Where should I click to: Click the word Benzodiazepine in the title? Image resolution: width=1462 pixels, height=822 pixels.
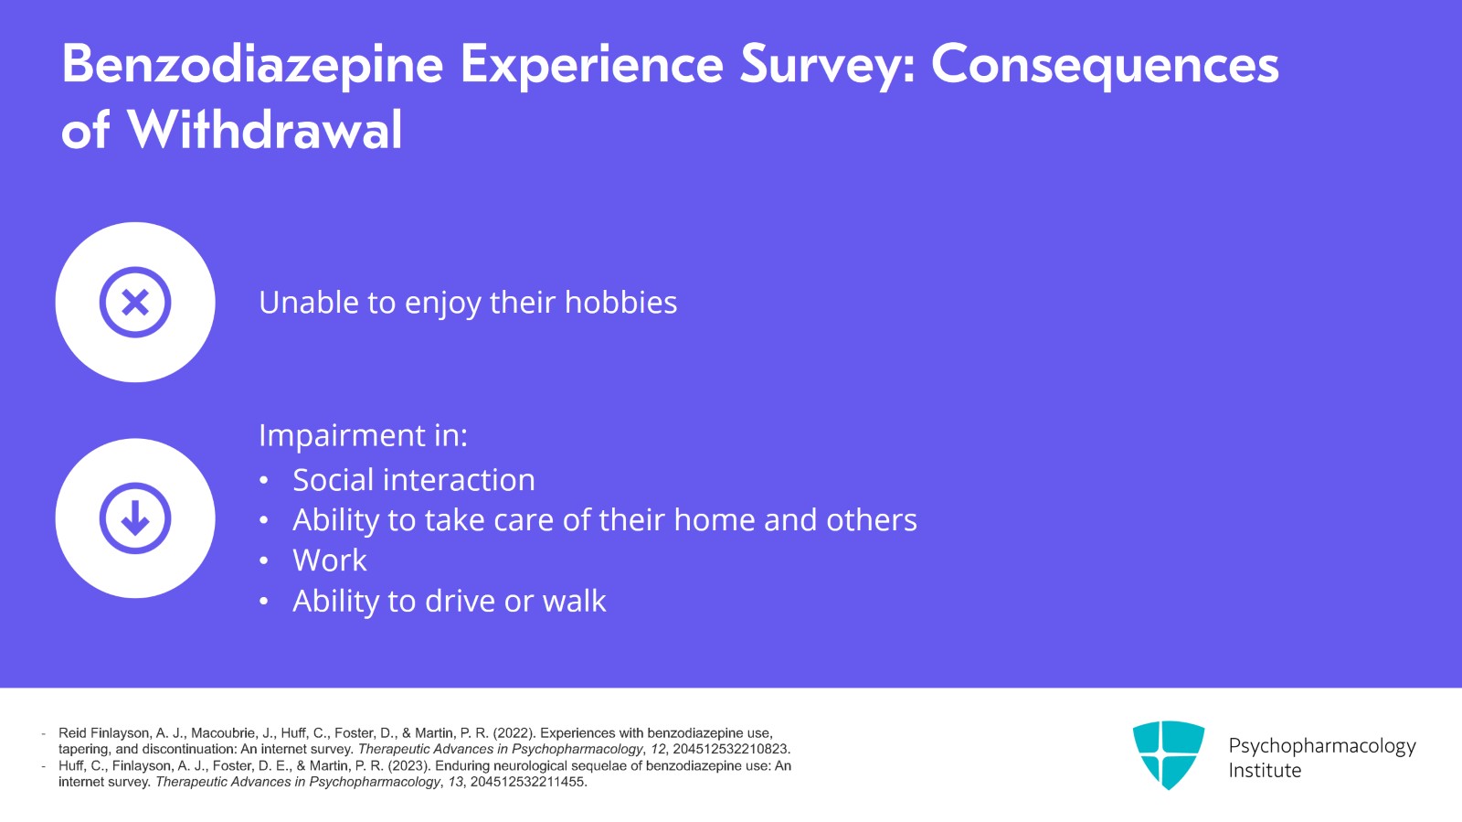(x=252, y=65)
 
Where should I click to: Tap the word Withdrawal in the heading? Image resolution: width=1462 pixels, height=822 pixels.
(x=264, y=129)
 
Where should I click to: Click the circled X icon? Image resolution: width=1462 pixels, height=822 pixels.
(x=135, y=303)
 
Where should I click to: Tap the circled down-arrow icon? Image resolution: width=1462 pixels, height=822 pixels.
(x=135, y=518)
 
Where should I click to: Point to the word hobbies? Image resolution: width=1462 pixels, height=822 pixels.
(x=620, y=303)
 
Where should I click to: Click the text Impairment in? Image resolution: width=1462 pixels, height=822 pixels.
(x=363, y=435)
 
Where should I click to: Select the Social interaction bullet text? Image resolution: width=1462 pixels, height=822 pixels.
(x=414, y=480)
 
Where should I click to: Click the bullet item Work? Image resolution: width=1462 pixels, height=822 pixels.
(x=330, y=560)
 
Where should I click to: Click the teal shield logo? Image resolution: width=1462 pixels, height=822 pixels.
(x=1169, y=754)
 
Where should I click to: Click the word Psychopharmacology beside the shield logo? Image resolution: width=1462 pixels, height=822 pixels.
(x=1322, y=745)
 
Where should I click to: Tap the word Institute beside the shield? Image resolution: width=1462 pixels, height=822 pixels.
(x=1265, y=771)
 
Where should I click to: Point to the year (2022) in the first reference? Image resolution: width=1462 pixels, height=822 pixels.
(x=514, y=733)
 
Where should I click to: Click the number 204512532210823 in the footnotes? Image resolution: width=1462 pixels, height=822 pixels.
(x=730, y=750)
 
